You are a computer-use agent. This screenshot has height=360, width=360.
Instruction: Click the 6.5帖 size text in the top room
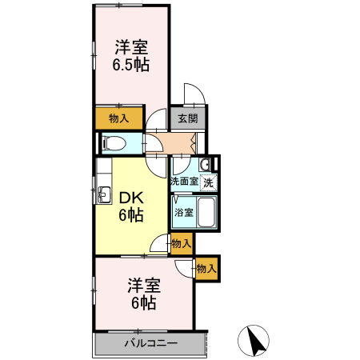[x=132, y=65]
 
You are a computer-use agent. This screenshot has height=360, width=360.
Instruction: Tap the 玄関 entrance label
[x=187, y=118]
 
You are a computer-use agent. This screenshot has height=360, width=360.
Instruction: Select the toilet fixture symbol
[x=113, y=144]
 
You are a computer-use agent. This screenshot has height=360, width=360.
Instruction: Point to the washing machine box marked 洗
[x=208, y=182]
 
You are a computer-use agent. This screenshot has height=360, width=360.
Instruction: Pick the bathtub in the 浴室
[x=206, y=212]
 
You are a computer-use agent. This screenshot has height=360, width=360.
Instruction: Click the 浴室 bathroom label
[x=184, y=213]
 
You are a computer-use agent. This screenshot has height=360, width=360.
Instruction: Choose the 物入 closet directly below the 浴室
[x=181, y=243]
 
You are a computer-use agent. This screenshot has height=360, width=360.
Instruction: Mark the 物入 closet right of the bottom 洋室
[x=206, y=269]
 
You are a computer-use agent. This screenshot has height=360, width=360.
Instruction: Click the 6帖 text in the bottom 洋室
[x=144, y=302]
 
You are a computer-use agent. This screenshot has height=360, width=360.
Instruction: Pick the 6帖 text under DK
[x=131, y=215]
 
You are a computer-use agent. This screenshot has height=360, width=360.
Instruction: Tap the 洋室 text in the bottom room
[x=144, y=286]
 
